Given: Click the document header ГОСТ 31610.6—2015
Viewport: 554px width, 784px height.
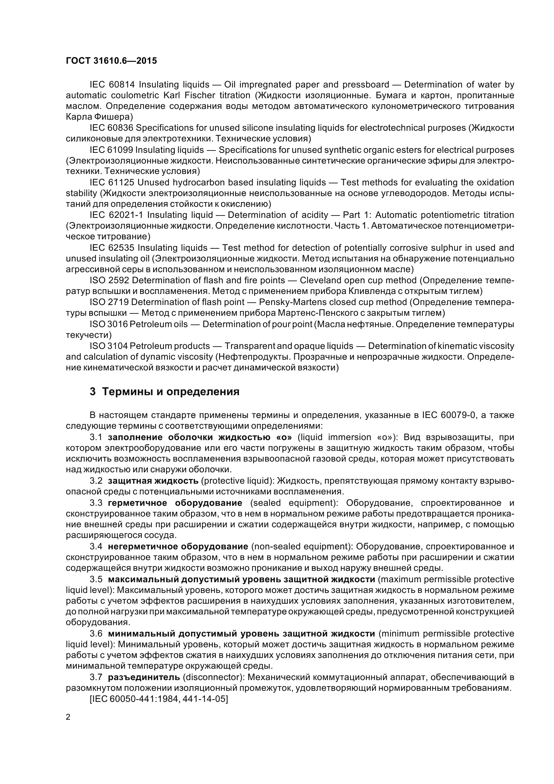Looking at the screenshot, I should click(x=111, y=61).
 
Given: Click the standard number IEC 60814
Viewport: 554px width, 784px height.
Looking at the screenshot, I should click(x=112, y=84).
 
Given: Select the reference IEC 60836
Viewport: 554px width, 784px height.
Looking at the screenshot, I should click(x=112, y=128).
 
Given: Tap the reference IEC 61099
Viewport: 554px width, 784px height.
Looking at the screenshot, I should click(x=112, y=149).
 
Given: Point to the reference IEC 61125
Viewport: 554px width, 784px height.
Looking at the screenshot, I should click(x=112, y=182).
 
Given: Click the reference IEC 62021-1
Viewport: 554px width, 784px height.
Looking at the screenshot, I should click(x=117, y=215).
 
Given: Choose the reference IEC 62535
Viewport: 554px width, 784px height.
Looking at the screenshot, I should click(x=112, y=248).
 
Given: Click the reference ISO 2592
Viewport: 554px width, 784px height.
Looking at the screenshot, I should click(x=109, y=280).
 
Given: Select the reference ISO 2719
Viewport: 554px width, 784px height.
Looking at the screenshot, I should click(x=109, y=302).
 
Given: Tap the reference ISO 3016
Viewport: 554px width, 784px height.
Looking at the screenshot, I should click(x=109, y=324).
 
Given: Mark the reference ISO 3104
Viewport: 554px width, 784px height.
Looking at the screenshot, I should click(x=109, y=346).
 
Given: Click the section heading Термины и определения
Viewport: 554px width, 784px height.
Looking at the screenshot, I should click(x=171, y=391).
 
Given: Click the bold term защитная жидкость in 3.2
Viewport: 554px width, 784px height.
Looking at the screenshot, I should click(x=153, y=481).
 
